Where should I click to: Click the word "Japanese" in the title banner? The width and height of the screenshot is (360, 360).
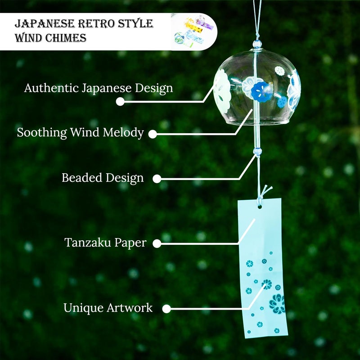click(x=44, y=24)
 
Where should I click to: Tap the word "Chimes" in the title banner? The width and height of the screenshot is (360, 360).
click(x=66, y=38)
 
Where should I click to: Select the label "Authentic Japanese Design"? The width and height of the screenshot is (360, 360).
click(x=99, y=88)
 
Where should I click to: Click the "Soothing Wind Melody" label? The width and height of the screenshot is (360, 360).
click(x=81, y=132)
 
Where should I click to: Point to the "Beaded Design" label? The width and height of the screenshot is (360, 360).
click(x=103, y=178)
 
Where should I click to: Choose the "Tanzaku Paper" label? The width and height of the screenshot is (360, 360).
click(x=105, y=243)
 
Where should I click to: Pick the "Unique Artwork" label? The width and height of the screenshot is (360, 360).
click(x=108, y=308)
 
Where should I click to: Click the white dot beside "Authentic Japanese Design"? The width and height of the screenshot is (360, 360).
click(x=120, y=101)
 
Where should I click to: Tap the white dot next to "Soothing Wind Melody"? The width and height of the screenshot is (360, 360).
click(x=153, y=134)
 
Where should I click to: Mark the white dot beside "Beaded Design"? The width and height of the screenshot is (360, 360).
click(x=157, y=179)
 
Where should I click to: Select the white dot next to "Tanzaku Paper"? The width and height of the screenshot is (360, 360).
click(x=157, y=243)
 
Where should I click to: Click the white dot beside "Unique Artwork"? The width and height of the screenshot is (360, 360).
click(x=166, y=309)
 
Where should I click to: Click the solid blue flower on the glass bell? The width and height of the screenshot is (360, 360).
click(x=260, y=91)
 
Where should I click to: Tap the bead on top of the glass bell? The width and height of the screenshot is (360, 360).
click(x=257, y=44)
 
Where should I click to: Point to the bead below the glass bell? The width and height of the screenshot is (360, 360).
click(x=257, y=151)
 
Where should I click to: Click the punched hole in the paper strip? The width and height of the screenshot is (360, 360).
click(x=260, y=207)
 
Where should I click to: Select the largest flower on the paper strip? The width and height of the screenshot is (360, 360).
click(x=277, y=304)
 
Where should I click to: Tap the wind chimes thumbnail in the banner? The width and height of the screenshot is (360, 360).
click(x=193, y=31)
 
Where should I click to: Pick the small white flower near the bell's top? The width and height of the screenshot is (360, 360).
click(x=279, y=71)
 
